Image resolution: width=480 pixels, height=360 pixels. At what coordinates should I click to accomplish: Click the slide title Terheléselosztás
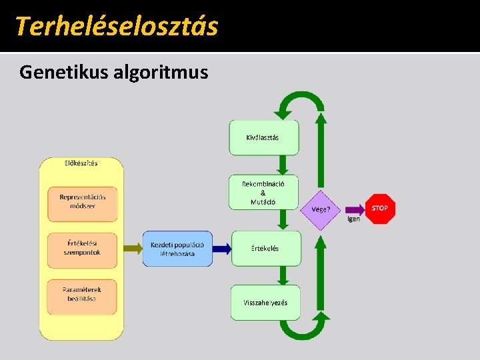click(x=116, y=26)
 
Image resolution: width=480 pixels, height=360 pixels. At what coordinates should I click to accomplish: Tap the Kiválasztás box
click(x=263, y=137)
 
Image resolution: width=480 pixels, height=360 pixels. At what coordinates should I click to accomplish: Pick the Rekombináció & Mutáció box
click(x=263, y=192)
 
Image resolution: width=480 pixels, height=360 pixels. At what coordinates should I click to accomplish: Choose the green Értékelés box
click(x=265, y=248)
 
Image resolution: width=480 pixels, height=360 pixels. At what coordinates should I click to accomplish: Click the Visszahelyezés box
click(x=265, y=302)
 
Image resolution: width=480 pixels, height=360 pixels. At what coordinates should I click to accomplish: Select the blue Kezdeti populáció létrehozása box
click(x=177, y=249)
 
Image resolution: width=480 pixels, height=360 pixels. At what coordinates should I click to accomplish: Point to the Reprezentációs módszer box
click(x=82, y=202)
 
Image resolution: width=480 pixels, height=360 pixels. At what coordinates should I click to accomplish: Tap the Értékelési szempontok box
click(x=82, y=248)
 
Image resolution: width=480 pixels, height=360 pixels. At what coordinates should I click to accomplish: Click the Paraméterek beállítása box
click(x=82, y=295)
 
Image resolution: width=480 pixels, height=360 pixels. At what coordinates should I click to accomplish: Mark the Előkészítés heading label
click(x=81, y=163)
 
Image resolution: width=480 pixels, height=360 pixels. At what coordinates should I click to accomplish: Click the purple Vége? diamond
click(x=321, y=209)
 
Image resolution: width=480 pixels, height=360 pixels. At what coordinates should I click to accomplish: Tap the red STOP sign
click(x=379, y=208)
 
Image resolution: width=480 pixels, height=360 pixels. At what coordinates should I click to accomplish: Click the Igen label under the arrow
click(x=353, y=219)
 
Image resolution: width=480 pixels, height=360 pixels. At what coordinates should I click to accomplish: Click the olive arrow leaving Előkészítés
click(x=133, y=249)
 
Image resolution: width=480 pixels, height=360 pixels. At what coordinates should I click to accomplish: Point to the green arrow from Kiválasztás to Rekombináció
click(x=282, y=165)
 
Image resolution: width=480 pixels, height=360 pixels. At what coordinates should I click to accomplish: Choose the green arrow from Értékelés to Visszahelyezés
click(x=282, y=275)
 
